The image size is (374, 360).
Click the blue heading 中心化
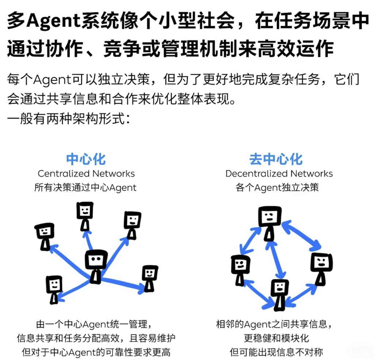(86, 159)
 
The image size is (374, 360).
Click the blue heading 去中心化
(276, 159)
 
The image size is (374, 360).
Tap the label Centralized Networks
(86, 174)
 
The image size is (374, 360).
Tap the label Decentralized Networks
(279, 174)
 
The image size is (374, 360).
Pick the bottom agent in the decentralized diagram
(279, 295)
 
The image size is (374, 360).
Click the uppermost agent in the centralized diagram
(85, 216)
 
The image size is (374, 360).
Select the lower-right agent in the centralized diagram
(150, 278)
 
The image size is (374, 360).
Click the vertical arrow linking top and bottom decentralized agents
(275, 260)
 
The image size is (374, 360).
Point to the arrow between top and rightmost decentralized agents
(301, 235)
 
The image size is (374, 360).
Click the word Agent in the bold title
(53, 21)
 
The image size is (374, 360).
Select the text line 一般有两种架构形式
(69, 118)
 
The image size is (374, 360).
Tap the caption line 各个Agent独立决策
(277, 187)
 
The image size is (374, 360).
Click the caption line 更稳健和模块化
(276, 338)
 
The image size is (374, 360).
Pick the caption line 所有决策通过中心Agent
(85, 187)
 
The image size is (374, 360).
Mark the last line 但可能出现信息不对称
(276, 352)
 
